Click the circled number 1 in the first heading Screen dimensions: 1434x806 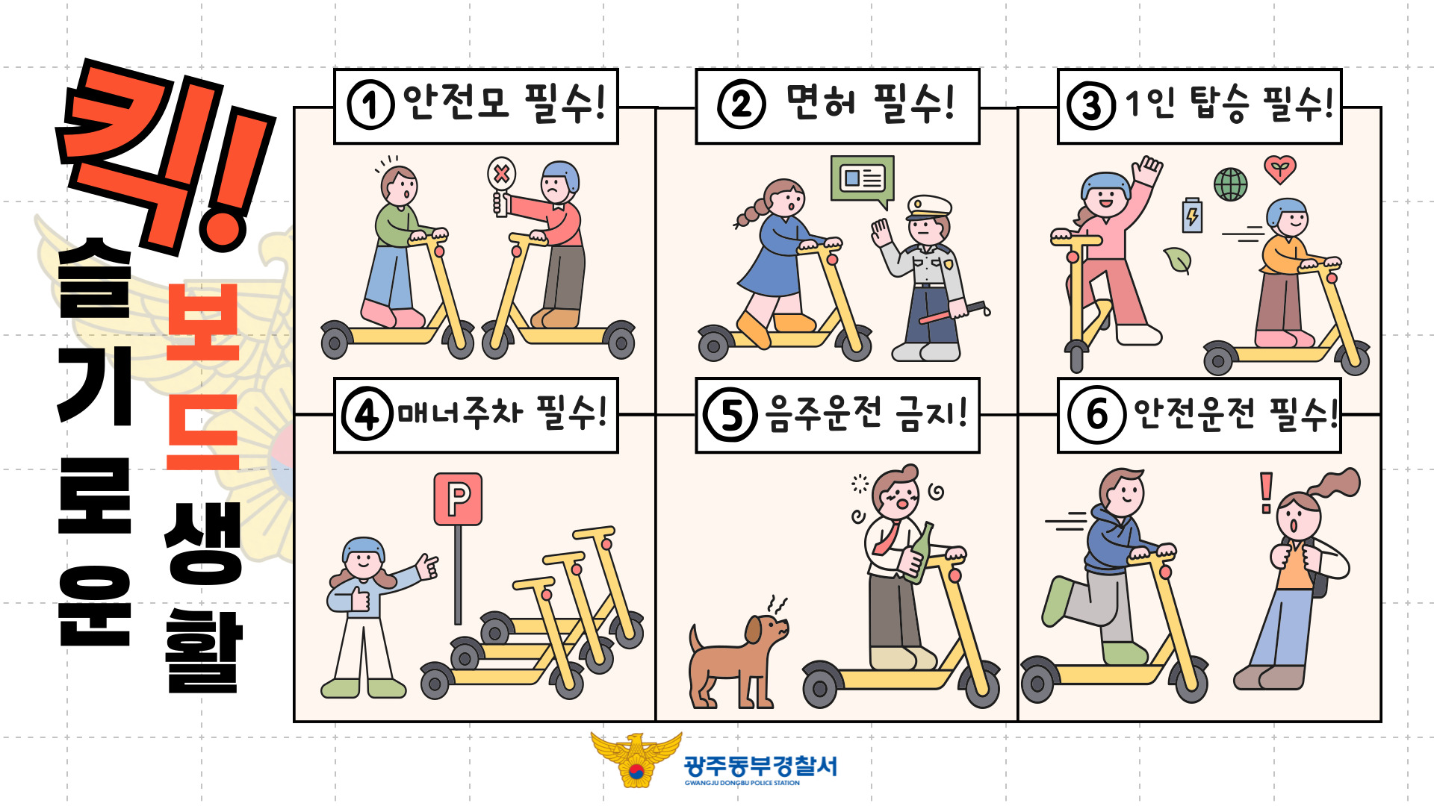click(x=370, y=105)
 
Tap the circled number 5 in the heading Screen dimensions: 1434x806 click(x=730, y=414)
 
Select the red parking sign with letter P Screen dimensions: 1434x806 click(x=458, y=499)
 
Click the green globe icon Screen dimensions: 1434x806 click(x=1230, y=184)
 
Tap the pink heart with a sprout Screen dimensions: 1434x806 click(x=1280, y=169)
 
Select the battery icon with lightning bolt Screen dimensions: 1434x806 click(x=1192, y=216)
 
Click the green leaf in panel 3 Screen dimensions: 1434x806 click(x=1178, y=260)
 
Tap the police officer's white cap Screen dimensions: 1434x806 click(x=929, y=207)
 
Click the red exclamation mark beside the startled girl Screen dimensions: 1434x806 click(x=1266, y=493)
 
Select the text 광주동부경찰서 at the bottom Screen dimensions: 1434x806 click(x=760, y=766)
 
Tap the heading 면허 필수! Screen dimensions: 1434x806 click(x=870, y=103)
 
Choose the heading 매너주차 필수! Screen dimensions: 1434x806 click(x=501, y=413)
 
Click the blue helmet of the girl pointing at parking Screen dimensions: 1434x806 click(x=364, y=549)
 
